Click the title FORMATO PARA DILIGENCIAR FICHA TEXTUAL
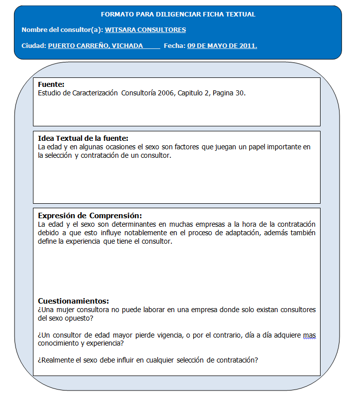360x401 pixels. point(178,14)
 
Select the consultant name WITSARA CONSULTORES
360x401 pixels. point(145,30)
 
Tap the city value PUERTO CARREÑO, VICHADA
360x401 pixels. point(95,46)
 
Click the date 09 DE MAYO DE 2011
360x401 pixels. point(222,46)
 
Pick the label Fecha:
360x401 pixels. point(174,46)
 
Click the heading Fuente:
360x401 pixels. point(51,85)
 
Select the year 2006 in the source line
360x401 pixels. point(165,93)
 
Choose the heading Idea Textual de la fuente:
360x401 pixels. point(83,138)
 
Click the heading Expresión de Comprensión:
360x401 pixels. point(90,216)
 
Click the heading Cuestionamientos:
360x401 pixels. point(73,301)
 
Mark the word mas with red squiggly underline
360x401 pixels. point(310,335)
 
